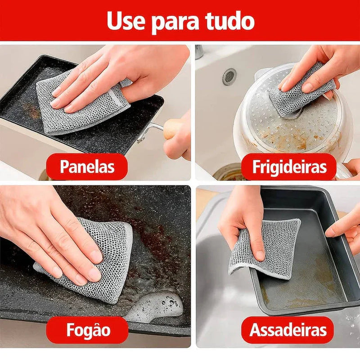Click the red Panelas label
click(87, 167)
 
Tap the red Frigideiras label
click(288, 167)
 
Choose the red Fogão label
click(88, 330)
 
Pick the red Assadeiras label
click(288, 330)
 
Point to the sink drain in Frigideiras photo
click(229, 76)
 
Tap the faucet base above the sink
click(199, 51)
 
